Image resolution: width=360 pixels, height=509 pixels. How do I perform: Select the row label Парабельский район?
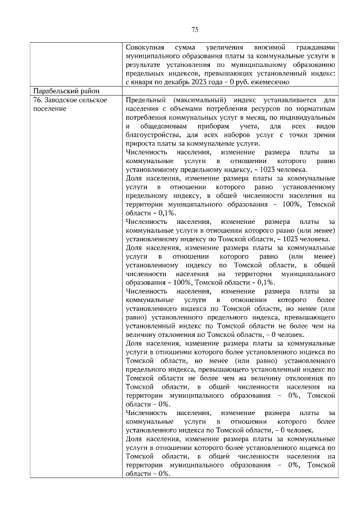pyautogui.click(x=66, y=91)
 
